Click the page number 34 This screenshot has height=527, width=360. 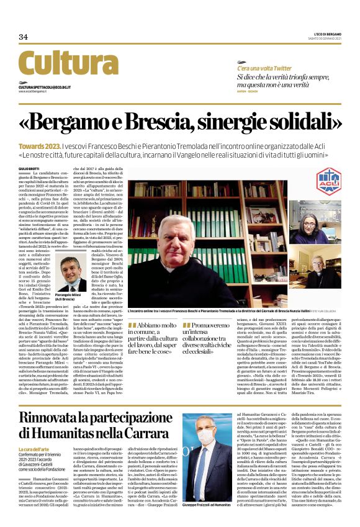tap(23, 37)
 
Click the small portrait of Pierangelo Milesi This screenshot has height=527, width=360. tap(73, 275)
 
